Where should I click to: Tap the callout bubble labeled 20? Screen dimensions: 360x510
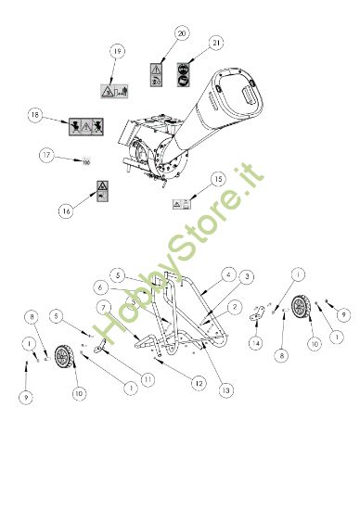[x=181, y=32]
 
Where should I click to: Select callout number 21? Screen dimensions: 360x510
[x=215, y=43]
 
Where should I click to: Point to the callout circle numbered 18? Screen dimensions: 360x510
[x=35, y=116]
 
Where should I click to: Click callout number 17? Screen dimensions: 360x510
[x=45, y=157]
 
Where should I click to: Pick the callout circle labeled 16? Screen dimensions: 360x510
[x=66, y=210]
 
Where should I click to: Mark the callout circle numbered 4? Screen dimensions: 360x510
[x=229, y=274]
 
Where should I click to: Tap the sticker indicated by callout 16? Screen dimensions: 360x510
[x=100, y=195]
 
